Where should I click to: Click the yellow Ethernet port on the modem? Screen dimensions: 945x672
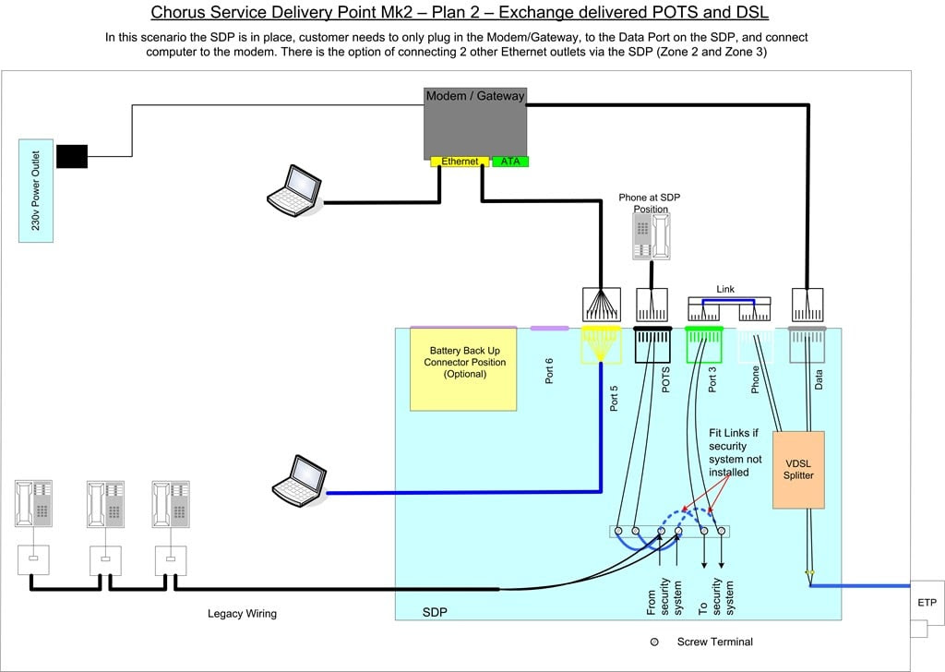(460, 162)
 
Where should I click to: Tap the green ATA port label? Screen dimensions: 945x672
(509, 162)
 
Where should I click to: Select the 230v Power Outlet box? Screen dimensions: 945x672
(36, 190)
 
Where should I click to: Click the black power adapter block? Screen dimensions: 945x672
(72, 156)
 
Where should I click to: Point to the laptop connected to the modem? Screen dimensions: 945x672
(294, 190)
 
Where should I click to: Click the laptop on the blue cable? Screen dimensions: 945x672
(300, 480)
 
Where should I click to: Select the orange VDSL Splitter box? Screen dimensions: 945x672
(798, 470)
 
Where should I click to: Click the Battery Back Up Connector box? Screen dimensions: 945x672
(463, 369)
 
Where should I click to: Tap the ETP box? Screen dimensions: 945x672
(927, 602)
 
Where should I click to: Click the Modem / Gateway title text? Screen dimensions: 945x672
(475, 96)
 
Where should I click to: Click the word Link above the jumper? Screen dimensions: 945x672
(725, 289)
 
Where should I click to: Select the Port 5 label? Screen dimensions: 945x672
(614, 399)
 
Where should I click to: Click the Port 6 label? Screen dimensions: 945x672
(548, 371)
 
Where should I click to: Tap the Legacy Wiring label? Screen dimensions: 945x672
(243, 614)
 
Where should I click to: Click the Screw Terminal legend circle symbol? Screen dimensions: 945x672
(654, 642)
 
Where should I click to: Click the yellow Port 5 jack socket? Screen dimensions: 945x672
(600, 344)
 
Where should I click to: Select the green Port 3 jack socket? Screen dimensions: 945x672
(704, 344)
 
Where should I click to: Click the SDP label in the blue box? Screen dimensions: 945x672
(435, 612)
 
